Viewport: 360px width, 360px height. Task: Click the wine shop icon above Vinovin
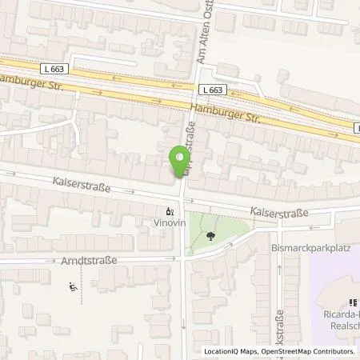(x=169, y=213)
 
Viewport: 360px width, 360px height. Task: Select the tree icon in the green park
(x=210, y=235)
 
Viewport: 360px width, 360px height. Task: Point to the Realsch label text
(x=341, y=327)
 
